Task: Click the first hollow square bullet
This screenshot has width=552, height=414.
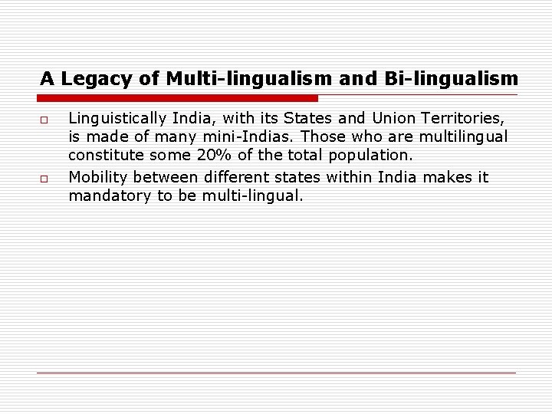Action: tap(44, 120)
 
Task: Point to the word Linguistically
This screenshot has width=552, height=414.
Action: tap(117, 119)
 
